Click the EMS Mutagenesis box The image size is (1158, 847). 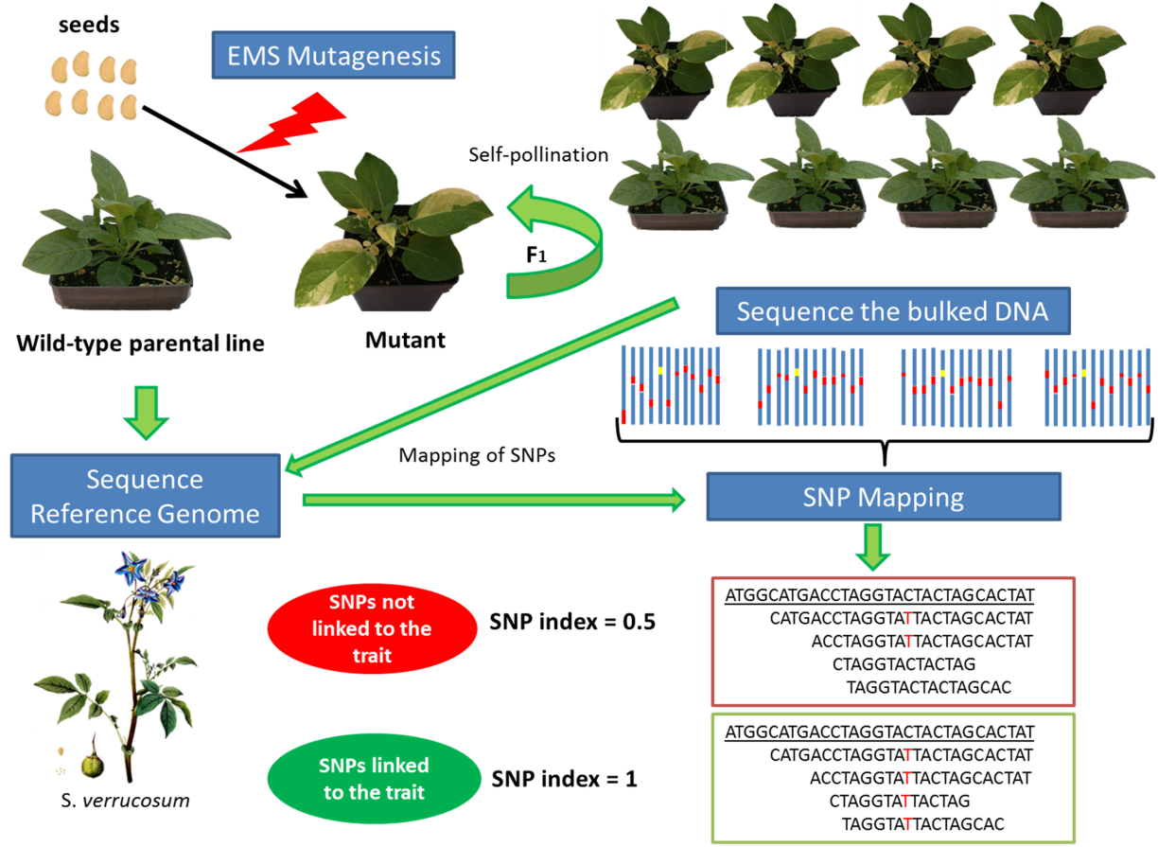point(333,55)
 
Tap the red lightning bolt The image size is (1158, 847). point(292,124)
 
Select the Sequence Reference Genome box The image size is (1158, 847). point(146,496)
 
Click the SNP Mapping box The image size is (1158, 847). point(884,497)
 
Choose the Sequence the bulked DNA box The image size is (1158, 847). point(893,310)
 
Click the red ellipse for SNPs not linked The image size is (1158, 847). point(372,628)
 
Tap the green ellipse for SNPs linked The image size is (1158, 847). point(374,778)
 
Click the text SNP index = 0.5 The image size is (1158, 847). point(572,622)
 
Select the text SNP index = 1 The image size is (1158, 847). point(564,779)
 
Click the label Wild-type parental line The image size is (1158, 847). point(140,344)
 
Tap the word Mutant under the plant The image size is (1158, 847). point(405,341)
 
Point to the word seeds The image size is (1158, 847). point(89,25)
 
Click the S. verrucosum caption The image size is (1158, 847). point(125,801)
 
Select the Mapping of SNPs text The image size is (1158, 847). point(477,455)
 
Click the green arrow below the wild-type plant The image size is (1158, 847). point(146,413)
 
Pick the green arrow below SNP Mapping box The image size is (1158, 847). point(872,547)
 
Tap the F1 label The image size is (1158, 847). point(536,255)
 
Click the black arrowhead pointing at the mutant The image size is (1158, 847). point(297,189)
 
